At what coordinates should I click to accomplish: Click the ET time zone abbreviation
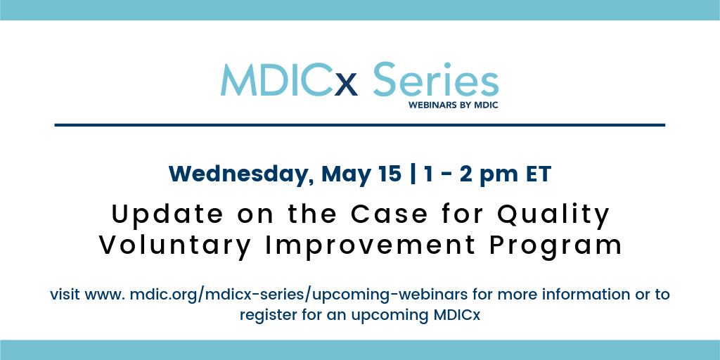[x=537, y=174]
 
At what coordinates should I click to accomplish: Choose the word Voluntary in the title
[x=175, y=245]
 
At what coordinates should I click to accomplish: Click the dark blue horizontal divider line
[x=360, y=125]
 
